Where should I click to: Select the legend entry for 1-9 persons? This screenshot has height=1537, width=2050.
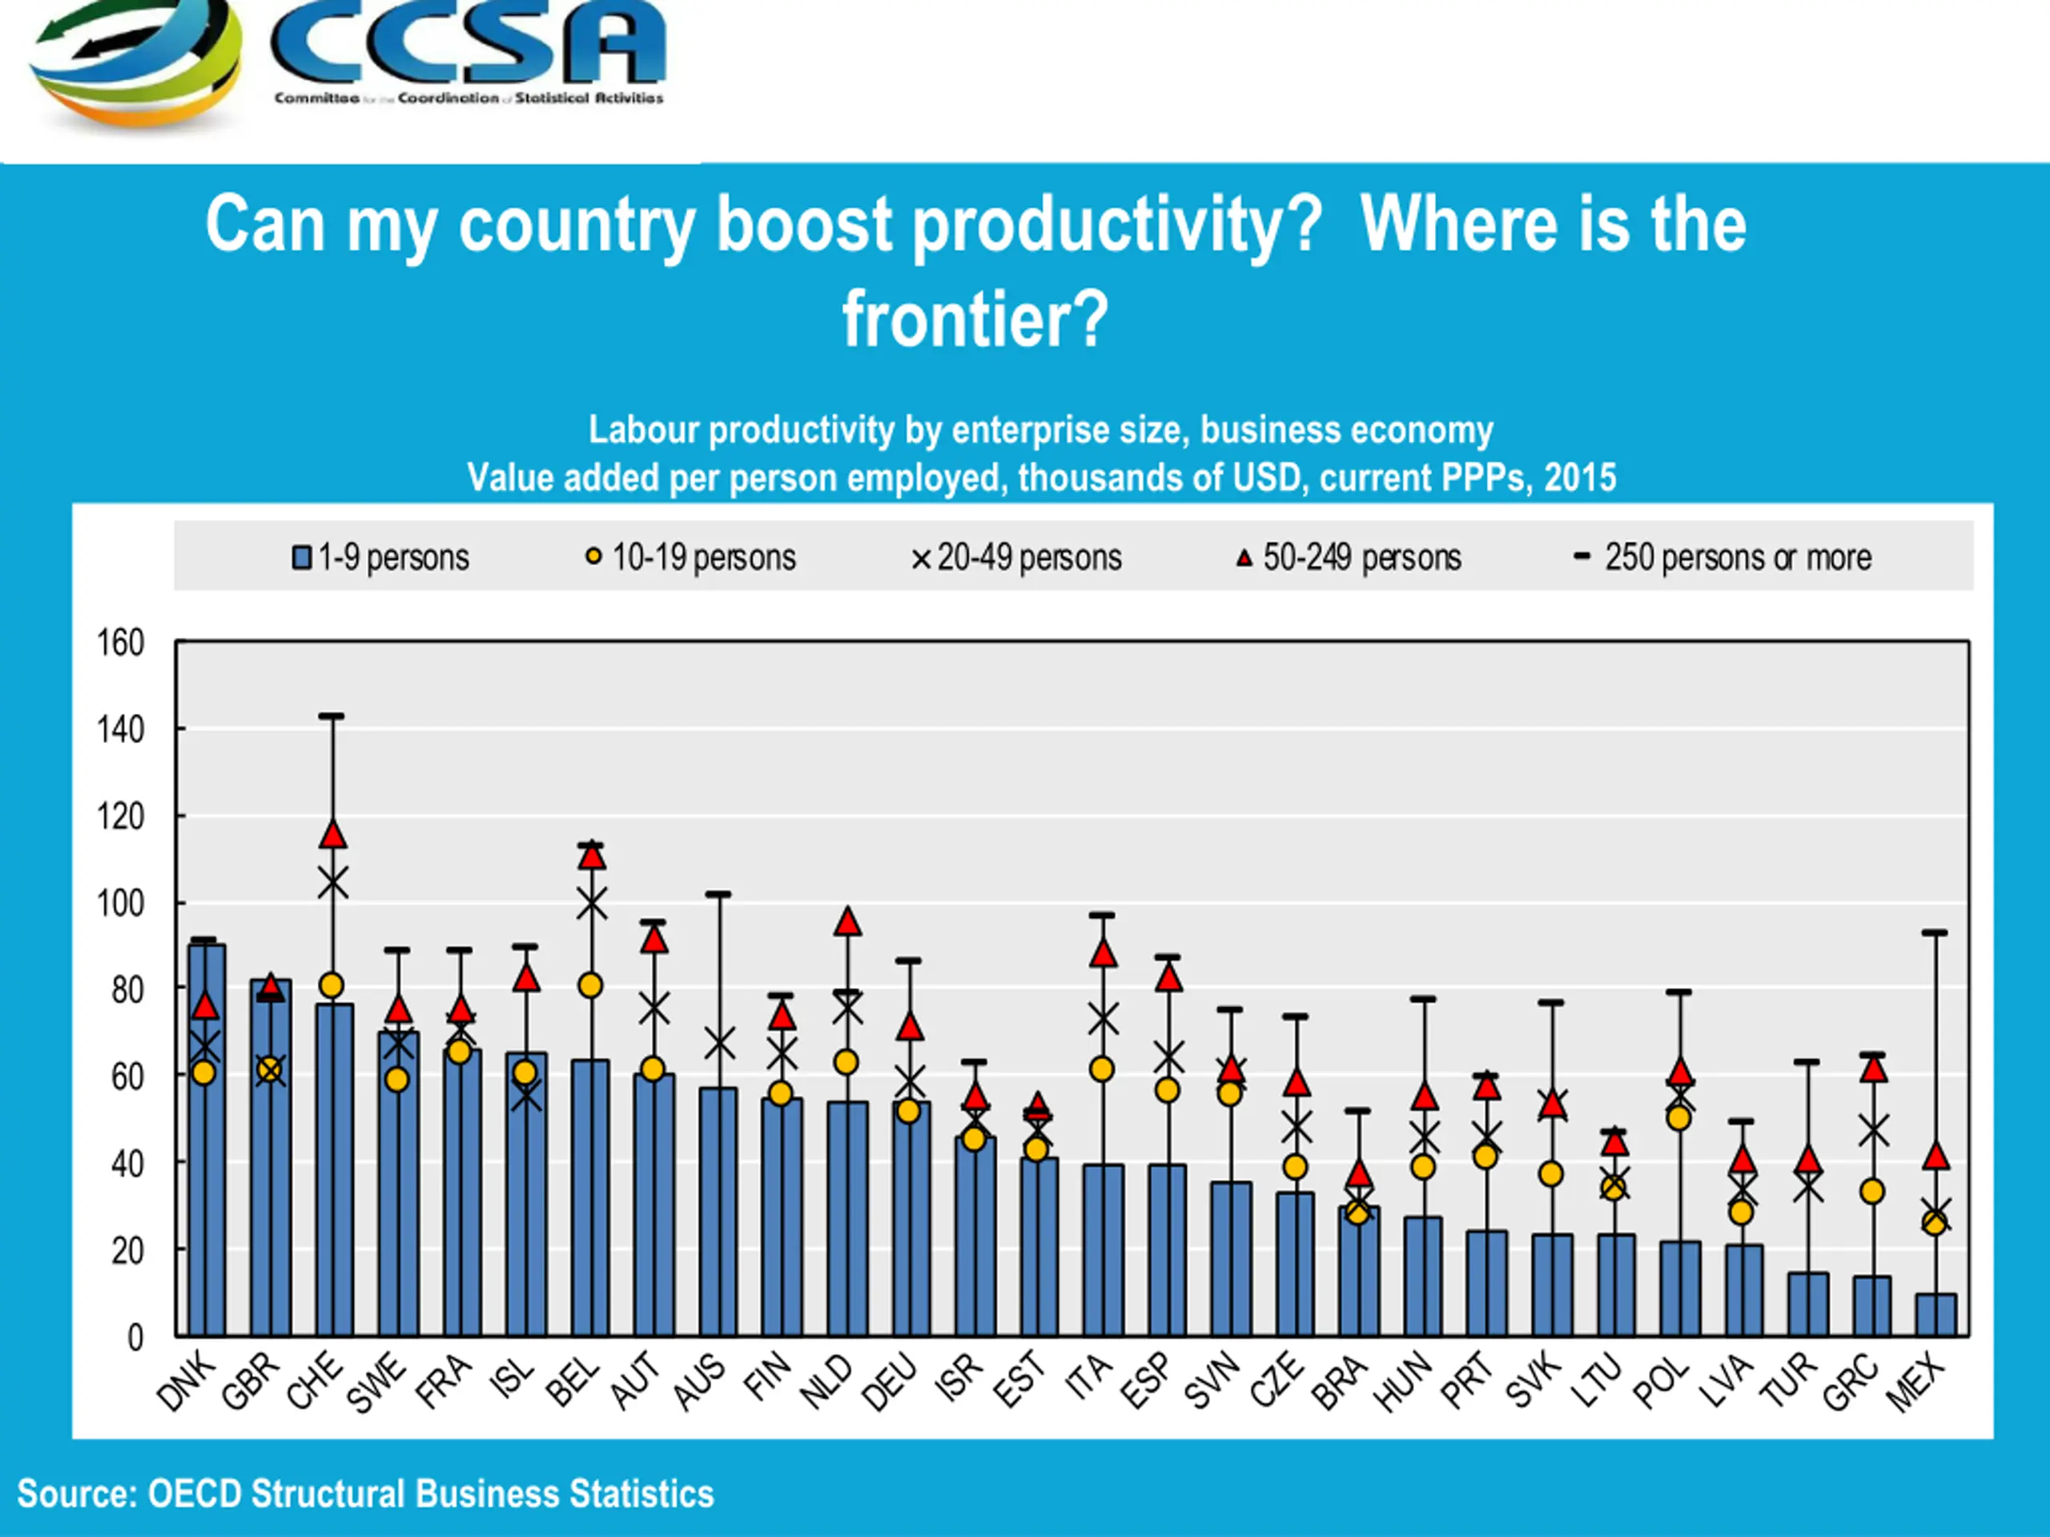point(381,558)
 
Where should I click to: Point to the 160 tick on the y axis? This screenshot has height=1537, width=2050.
point(122,642)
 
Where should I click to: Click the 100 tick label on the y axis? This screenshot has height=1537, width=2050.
point(122,903)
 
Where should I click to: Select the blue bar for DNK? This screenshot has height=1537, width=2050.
point(207,1140)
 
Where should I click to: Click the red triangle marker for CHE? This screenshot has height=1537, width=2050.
point(332,835)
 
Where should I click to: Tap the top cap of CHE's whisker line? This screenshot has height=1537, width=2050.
point(332,716)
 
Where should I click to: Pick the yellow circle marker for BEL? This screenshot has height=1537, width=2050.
point(590,985)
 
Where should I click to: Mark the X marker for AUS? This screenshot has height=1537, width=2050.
point(719,1044)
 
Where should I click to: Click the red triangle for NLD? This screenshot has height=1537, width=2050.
point(848,922)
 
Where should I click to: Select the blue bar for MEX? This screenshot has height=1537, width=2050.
point(1936,1314)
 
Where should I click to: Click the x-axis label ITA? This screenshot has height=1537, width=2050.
point(1087,1377)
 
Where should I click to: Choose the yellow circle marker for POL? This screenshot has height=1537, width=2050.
point(1678,1118)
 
